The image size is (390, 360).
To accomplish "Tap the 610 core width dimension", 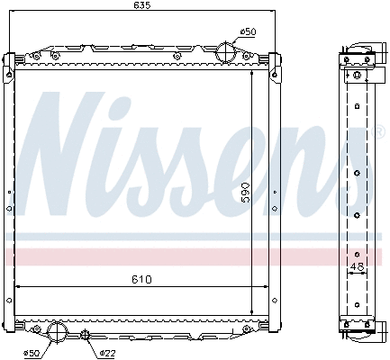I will tap(140, 280).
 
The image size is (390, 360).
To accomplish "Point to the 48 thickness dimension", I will tap(358, 266).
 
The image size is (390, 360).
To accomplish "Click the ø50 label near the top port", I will tap(249, 32).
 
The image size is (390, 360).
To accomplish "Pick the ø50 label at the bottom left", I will tap(31, 352).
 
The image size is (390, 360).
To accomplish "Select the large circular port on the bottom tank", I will tap(57, 332).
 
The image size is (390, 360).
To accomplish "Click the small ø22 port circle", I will tap(85, 337).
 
